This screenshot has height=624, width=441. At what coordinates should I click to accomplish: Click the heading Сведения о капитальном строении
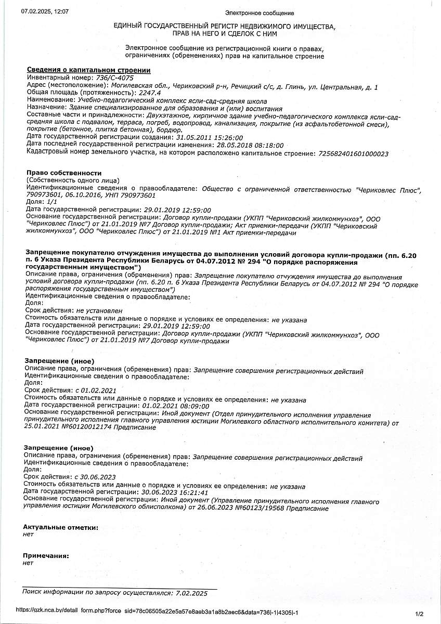pyautogui.click(x=89, y=70)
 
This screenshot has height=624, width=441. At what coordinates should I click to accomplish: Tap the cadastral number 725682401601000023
pyautogui.click(x=352, y=154)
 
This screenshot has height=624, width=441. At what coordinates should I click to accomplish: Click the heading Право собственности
pyautogui.click(x=64, y=173)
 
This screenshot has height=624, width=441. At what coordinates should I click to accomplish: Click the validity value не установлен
pyautogui.click(x=99, y=310)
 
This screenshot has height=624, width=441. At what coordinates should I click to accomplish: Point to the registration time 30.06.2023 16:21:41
pyautogui.click(x=175, y=492)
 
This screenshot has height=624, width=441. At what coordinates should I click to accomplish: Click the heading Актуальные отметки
pyautogui.click(x=60, y=527)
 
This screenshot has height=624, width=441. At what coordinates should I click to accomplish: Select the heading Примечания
pyautogui.click(x=46, y=556)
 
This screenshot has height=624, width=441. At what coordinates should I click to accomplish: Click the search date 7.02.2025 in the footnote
pyautogui.click(x=191, y=593)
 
